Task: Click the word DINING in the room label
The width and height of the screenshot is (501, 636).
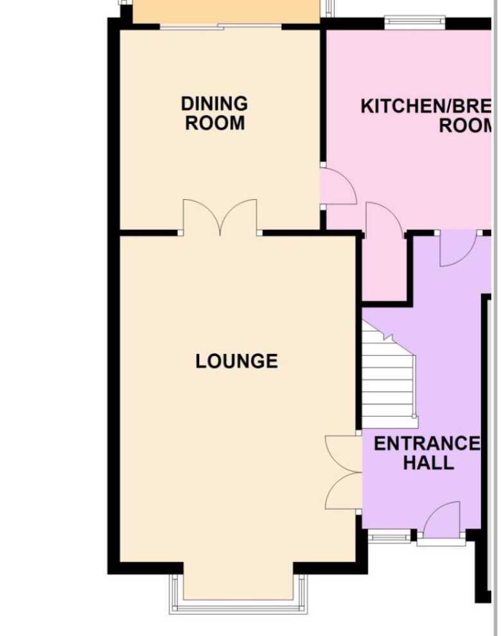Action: click(214, 103)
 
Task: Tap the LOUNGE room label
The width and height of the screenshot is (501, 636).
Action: click(236, 361)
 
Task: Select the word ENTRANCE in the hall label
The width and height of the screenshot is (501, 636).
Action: click(426, 444)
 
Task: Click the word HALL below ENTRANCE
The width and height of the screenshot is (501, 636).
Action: click(428, 463)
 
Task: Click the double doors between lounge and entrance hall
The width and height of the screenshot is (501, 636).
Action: click(344, 473)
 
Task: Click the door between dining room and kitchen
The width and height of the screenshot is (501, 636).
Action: click(337, 186)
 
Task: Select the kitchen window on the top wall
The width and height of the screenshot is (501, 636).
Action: click(414, 24)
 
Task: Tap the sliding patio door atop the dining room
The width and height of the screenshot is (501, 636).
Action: click(220, 26)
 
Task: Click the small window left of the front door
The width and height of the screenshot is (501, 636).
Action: click(389, 537)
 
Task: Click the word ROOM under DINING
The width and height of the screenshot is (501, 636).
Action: click(215, 123)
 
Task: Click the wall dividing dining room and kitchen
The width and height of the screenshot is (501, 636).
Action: click(322, 96)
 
